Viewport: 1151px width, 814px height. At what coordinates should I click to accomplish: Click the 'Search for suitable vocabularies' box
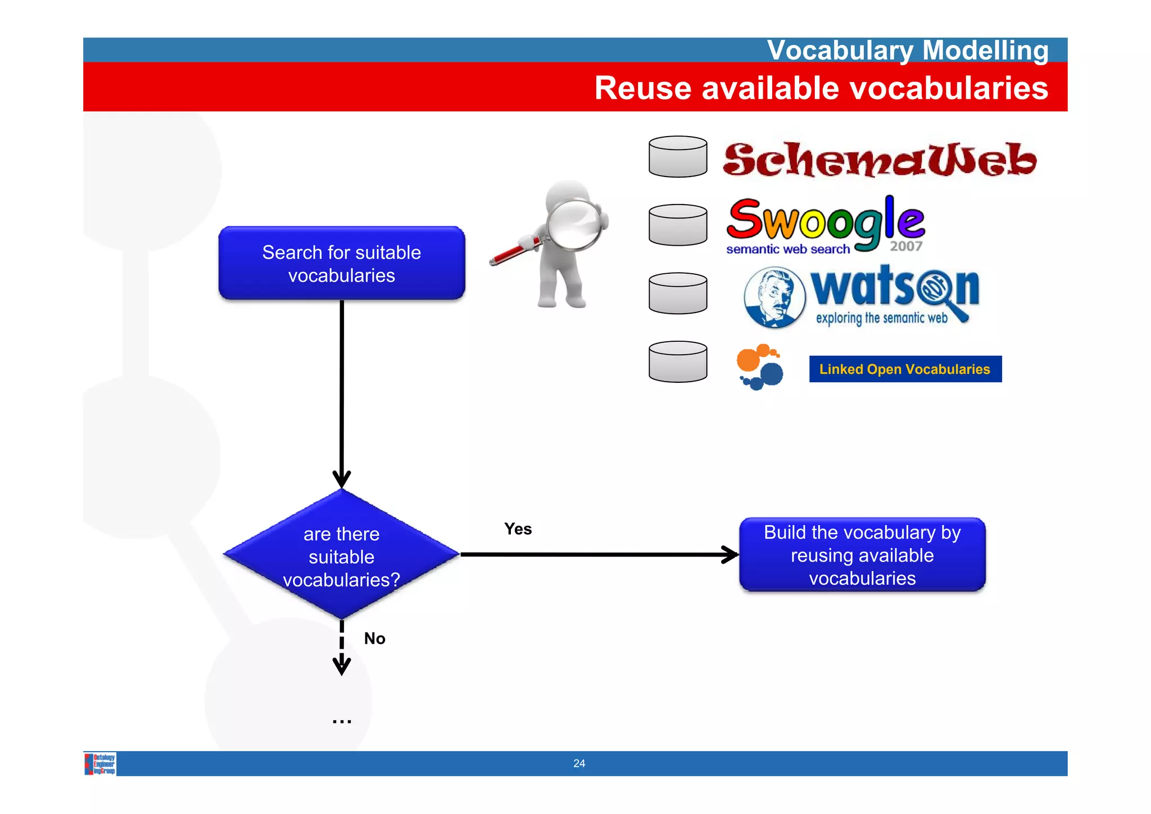pos(341,263)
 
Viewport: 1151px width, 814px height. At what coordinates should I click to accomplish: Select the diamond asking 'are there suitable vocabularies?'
pos(341,555)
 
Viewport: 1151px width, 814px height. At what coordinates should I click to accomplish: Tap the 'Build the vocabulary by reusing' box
pos(862,555)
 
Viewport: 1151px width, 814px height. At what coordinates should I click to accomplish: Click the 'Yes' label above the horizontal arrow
pos(518,529)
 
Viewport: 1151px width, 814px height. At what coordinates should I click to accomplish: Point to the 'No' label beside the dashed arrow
pos(374,639)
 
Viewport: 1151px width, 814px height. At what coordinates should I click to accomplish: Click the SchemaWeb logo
pos(879,160)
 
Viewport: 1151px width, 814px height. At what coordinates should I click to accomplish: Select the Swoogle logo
pos(825,221)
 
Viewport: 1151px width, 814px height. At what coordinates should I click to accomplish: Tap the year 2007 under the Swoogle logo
pos(906,246)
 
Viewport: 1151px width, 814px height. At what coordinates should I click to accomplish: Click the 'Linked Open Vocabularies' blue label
pos(905,369)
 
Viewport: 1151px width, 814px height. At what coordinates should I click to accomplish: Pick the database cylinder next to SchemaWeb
pos(678,157)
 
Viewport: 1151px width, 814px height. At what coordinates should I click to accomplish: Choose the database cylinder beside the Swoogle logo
pos(678,225)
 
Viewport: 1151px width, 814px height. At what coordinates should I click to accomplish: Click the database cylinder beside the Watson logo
pos(678,293)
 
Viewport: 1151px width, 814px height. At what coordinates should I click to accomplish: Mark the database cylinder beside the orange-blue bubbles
pos(678,362)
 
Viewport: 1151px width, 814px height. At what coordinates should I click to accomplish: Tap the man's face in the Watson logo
pos(774,297)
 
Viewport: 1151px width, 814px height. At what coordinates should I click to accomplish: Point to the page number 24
pos(579,763)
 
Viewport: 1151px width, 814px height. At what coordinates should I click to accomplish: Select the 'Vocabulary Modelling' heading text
pos(907,50)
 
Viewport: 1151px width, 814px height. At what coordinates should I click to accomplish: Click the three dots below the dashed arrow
pos(342,720)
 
